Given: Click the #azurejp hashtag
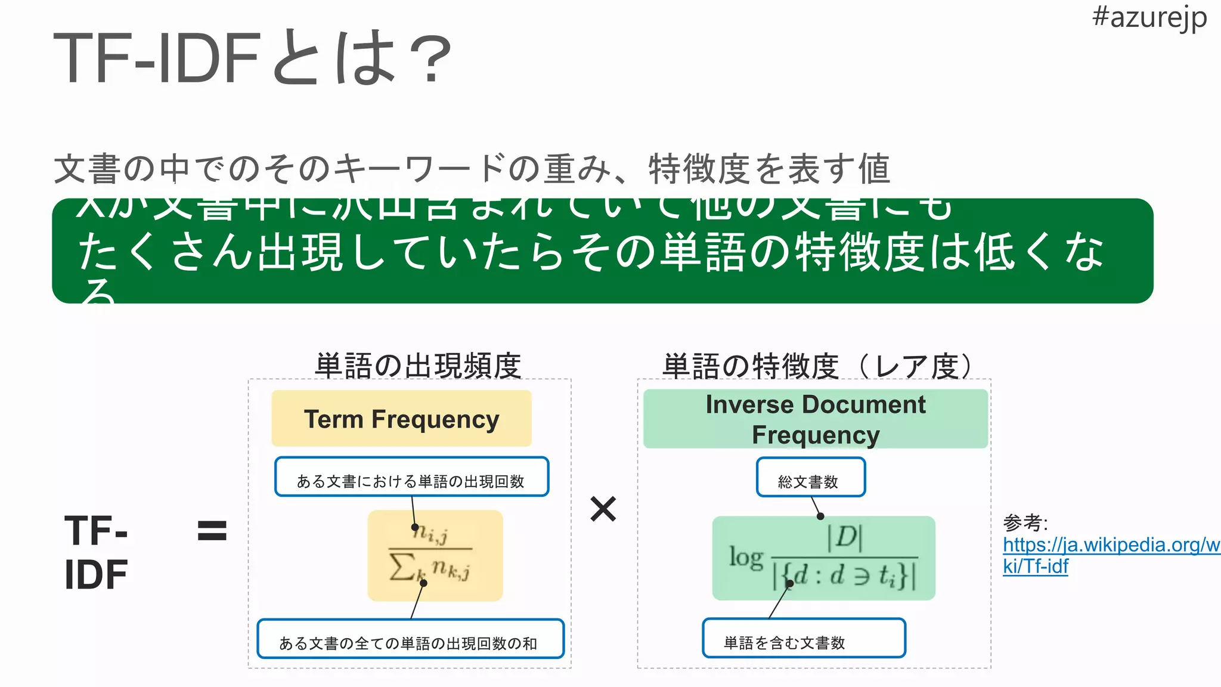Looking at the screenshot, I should click(1149, 18).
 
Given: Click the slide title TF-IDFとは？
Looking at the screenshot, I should click(253, 58).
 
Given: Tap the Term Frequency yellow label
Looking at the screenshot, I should click(401, 419).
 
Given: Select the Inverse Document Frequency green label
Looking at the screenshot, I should click(815, 419).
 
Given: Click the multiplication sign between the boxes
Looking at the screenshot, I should click(603, 509).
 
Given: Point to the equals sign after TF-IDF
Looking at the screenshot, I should click(212, 530).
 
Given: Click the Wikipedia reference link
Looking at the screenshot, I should click(1110, 555).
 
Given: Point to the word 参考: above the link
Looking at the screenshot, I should click(1025, 523).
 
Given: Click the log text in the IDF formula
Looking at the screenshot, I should click(746, 558).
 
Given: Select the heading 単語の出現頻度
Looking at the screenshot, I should click(418, 366).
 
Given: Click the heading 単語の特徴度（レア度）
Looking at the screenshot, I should click(818, 366).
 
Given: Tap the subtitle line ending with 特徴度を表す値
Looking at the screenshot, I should click(472, 169).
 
